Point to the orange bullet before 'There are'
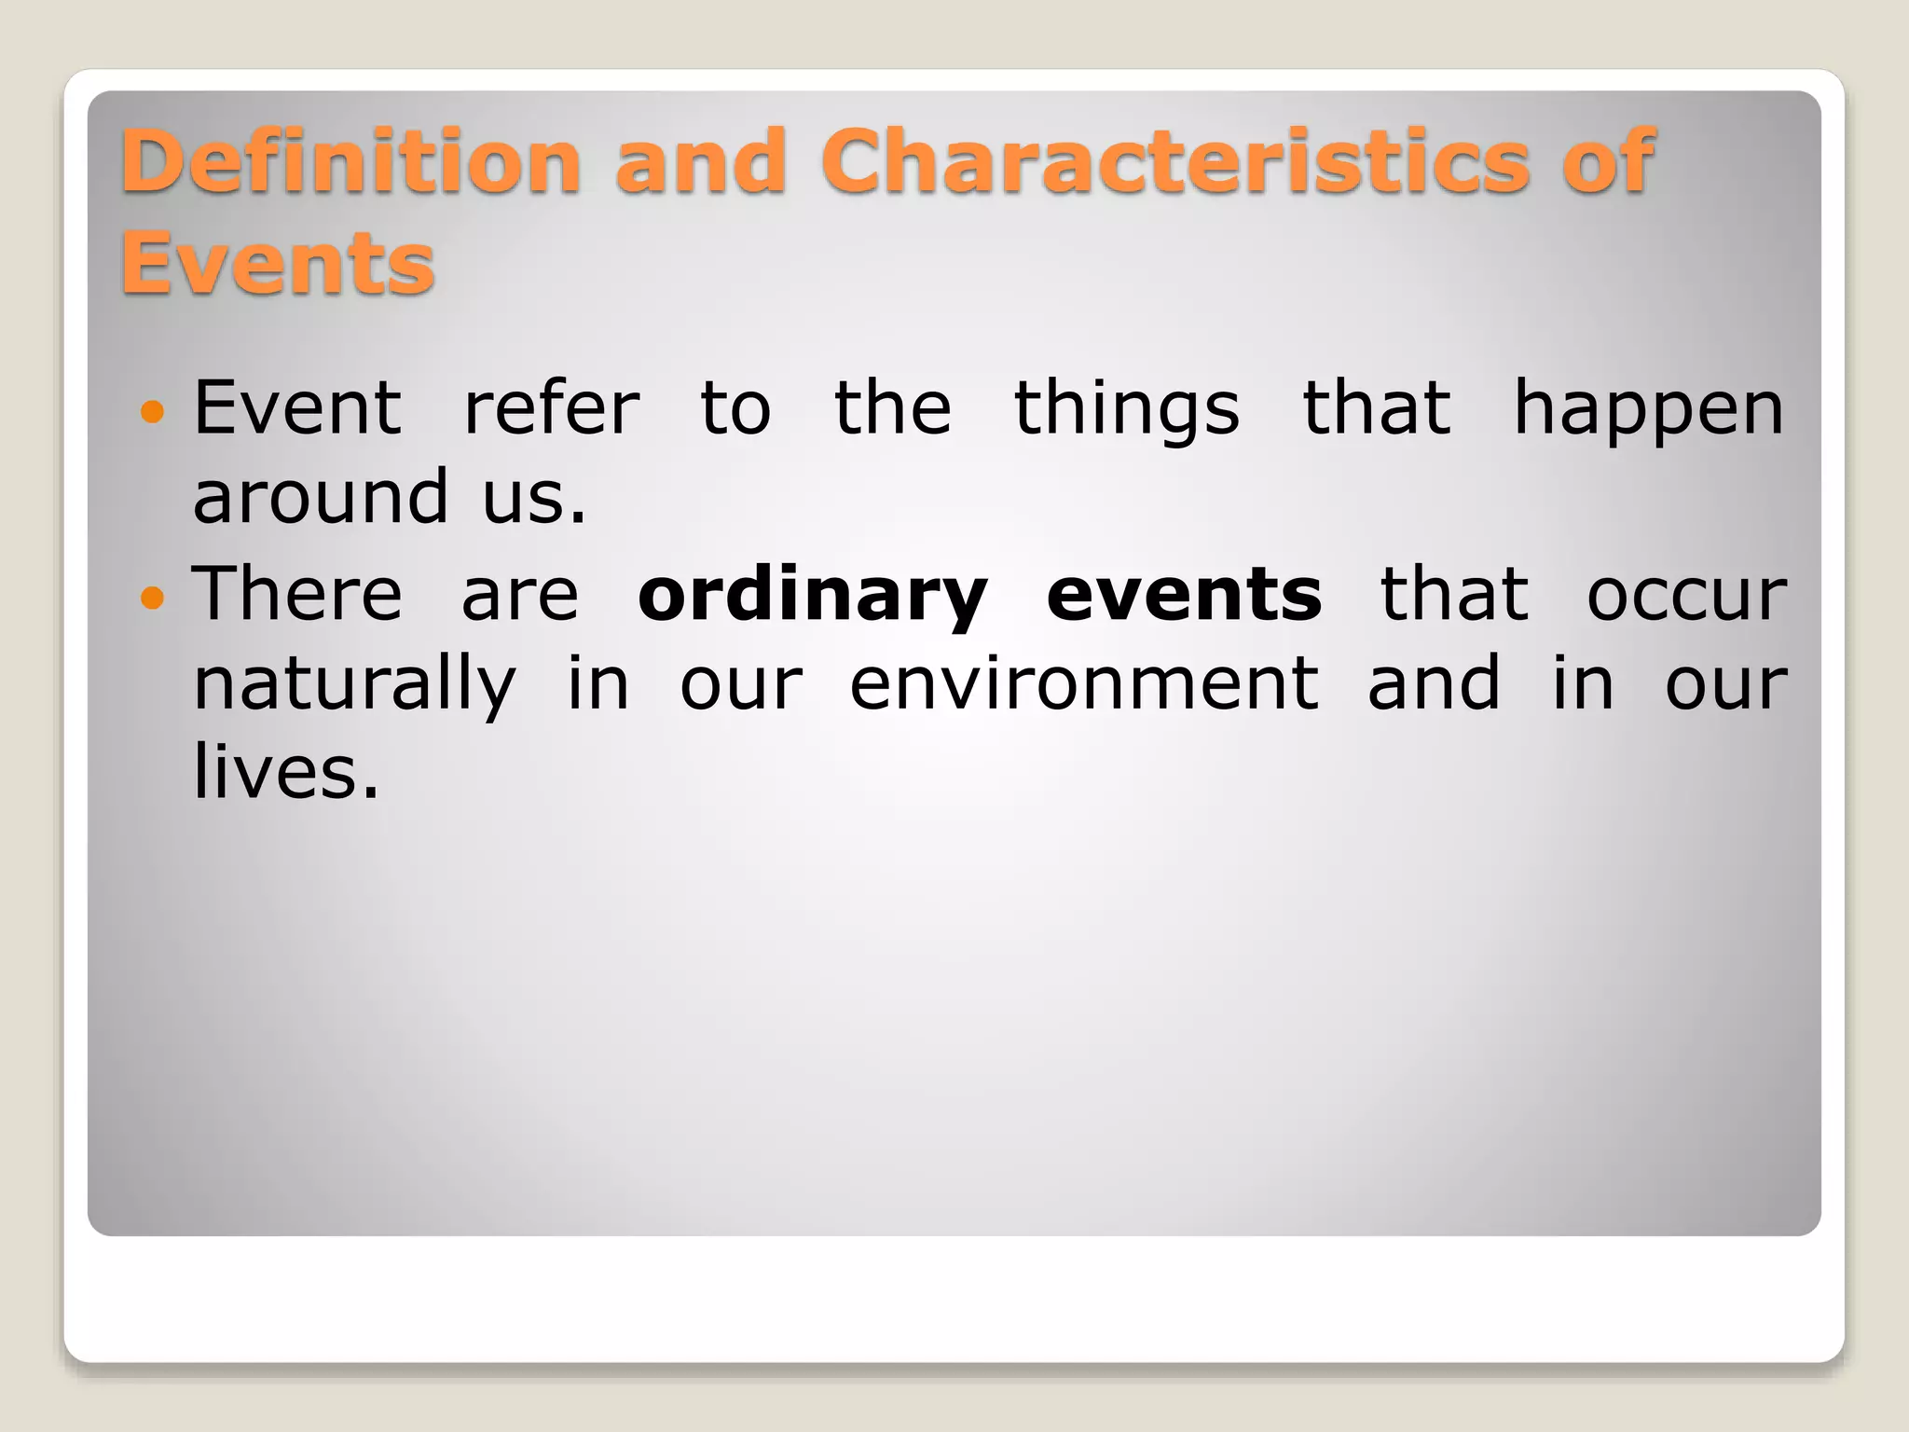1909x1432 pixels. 151,596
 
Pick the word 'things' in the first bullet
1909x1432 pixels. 1126,410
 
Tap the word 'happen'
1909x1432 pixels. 1647,410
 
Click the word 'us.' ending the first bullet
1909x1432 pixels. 534,498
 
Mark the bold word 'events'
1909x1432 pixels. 1184,595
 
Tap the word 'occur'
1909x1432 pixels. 1686,595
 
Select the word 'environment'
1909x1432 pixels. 1084,683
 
